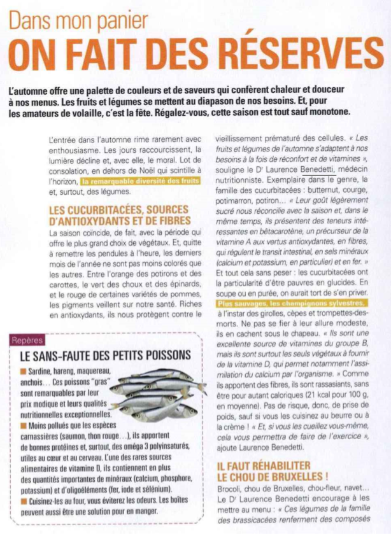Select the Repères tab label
(31, 341)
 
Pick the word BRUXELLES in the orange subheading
(290, 476)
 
